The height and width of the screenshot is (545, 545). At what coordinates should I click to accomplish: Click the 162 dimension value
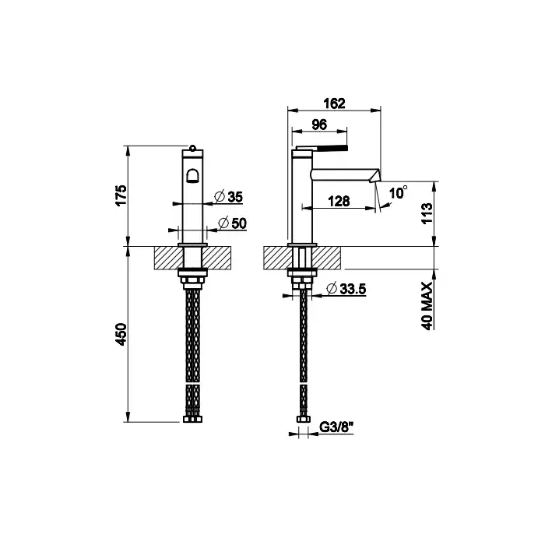pyautogui.click(x=334, y=104)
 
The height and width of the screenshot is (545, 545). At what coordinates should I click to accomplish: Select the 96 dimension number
pyautogui.click(x=319, y=125)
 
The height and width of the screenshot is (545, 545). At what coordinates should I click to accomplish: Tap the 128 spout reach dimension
pyautogui.click(x=339, y=201)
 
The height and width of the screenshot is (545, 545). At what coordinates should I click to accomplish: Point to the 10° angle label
pyautogui.click(x=398, y=192)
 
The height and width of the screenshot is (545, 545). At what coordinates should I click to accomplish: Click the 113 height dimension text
pyautogui.click(x=427, y=213)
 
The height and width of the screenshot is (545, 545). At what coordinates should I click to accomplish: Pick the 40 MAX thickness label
pyautogui.click(x=427, y=306)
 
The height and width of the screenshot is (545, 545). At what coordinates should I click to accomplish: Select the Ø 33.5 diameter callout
pyautogui.click(x=346, y=289)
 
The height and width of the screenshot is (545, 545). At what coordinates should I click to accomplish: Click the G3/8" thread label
pyautogui.click(x=336, y=427)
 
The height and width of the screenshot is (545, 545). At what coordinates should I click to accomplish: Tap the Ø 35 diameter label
pyautogui.click(x=228, y=197)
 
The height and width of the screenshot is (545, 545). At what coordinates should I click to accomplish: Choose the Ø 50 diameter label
pyautogui.click(x=232, y=223)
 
